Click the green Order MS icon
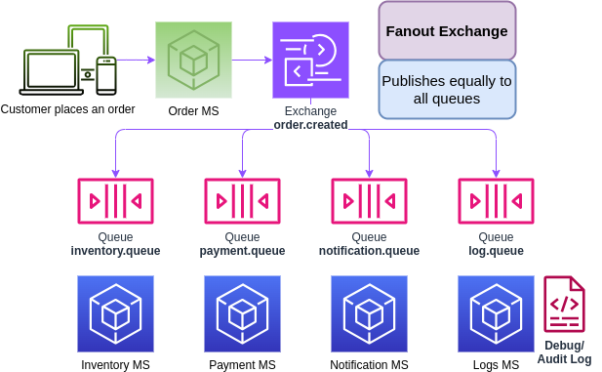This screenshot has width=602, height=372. tap(193, 61)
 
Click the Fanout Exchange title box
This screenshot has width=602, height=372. tap(447, 30)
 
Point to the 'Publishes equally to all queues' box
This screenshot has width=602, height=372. tap(447, 90)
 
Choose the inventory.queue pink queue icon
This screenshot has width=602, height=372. tap(115, 201)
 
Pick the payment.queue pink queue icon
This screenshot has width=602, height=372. tap(242, 201)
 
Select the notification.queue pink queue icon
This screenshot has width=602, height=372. tap(369, 201)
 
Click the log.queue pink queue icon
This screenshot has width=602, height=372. tap(496, 201)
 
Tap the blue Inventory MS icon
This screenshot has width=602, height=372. tap(115, 313)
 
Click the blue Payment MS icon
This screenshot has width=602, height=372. tap(242, 313)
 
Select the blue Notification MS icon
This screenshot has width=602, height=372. tap(369, 313)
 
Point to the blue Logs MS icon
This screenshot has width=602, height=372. tap(496, 313)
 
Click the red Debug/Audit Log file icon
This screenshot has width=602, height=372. tap(564, 305)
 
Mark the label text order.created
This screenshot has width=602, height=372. tap(310, 125)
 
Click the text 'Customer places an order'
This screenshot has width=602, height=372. tap(68, 108)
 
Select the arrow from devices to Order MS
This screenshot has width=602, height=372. tap(136, 61)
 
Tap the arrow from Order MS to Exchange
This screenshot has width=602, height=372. tap(252, 61)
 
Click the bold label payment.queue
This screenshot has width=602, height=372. tap(242, 251)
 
